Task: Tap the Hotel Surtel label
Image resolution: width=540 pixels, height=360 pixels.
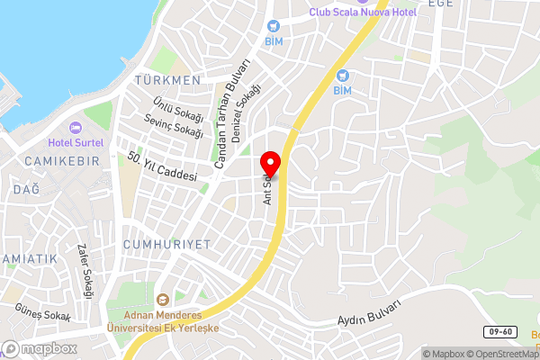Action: (x=76, y=142)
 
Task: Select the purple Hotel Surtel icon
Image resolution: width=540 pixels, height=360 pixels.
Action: (x=75, y=128)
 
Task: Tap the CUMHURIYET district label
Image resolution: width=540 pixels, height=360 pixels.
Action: (x=166, y=244)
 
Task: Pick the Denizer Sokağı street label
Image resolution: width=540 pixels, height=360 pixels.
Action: (x=247, y=108)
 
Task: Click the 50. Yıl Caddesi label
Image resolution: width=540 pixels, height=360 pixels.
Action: (x=162, y=166)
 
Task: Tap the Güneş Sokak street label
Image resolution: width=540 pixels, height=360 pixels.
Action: (x=41, y=311)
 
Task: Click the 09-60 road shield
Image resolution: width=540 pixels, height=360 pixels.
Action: (x=503, y=332)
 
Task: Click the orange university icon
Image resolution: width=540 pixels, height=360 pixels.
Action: (x=163, y=300)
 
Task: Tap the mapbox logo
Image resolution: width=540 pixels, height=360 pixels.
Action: (x=39, y=348)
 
